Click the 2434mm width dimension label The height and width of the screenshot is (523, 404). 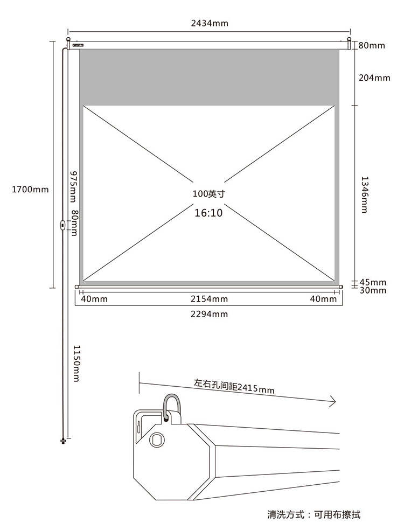[x=210, y=23]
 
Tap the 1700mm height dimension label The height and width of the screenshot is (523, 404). [x=30, y=190]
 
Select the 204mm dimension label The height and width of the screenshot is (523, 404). [x=374, y=78]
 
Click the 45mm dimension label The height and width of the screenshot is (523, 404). [x=373, y=282]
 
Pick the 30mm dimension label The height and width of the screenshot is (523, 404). [x=373, y=290]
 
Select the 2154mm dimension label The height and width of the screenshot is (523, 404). [x=209, y=299]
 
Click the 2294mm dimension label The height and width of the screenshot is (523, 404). [x=209, y=314]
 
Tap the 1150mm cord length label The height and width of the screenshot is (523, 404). [x=76, y=363]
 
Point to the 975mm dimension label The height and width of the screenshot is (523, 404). [x=73, y=186]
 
